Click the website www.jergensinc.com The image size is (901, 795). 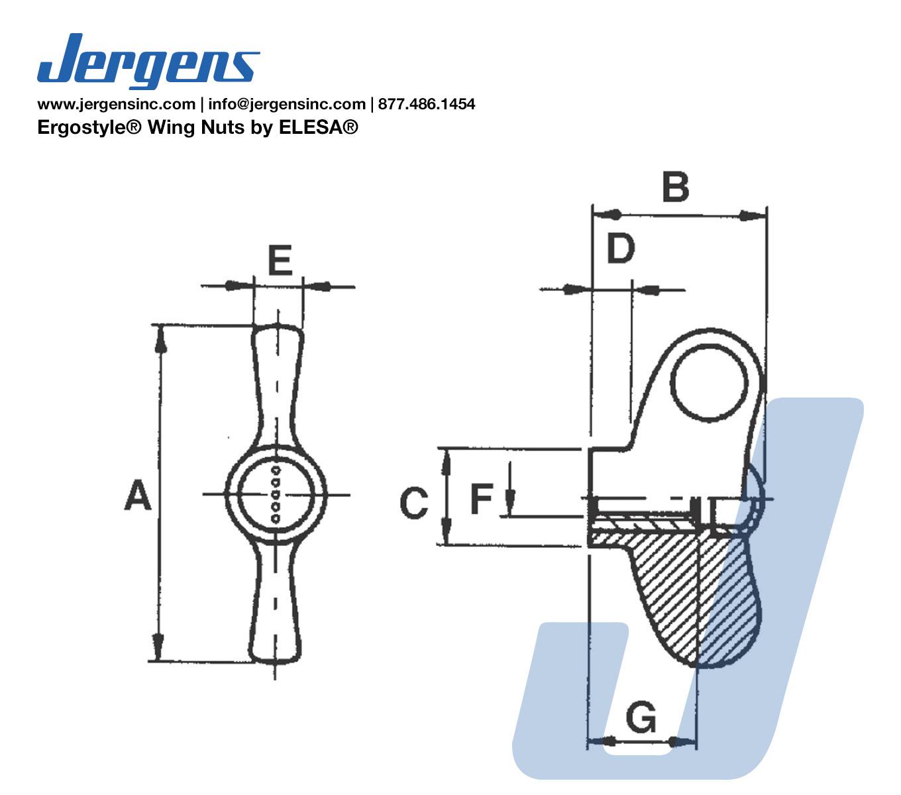117,105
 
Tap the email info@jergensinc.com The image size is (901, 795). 287,105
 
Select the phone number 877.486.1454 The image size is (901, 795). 427,104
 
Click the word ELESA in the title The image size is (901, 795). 313,128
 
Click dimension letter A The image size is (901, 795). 137,494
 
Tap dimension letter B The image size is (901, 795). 675,186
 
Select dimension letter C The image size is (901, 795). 413,502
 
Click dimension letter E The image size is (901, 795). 280,260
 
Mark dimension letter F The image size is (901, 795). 482,498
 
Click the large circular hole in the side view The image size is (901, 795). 708,383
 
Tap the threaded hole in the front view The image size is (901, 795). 275,494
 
